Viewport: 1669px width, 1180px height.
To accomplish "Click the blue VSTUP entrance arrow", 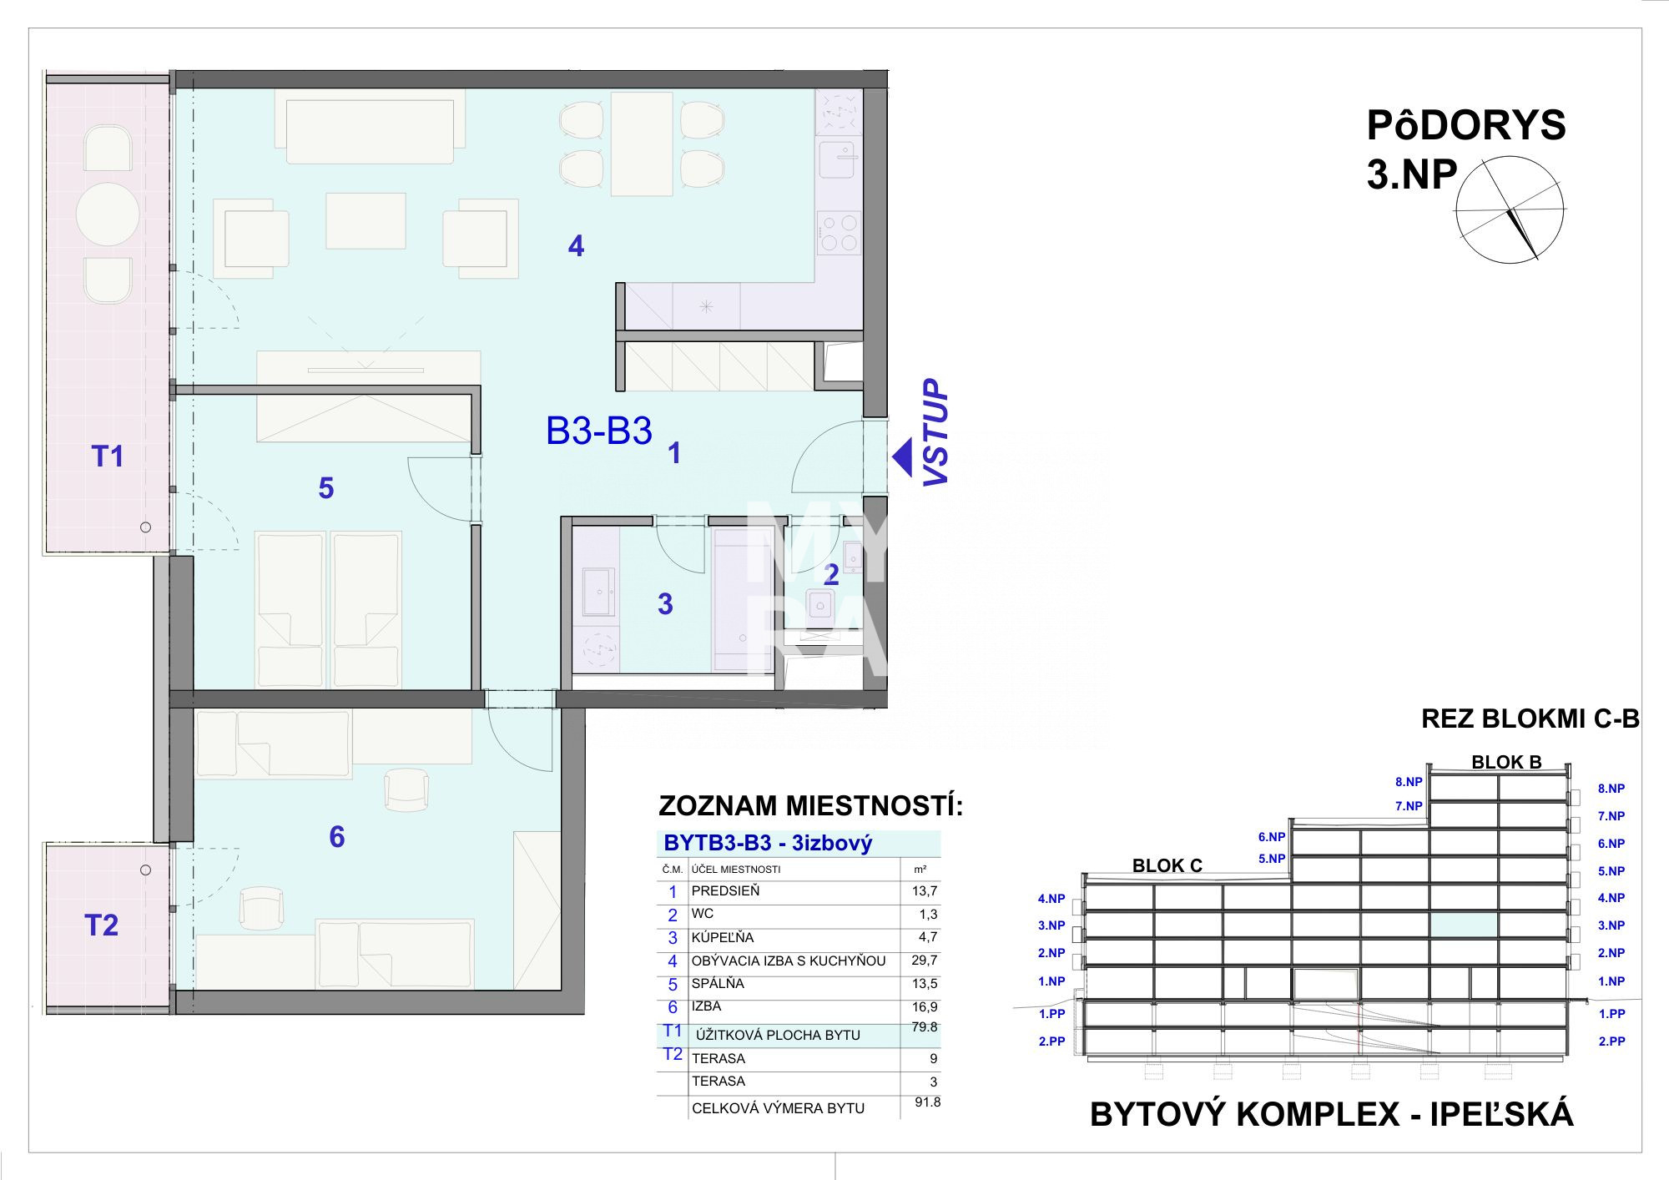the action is coord(902,457).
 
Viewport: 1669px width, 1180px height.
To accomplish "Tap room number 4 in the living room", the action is coord(576,246).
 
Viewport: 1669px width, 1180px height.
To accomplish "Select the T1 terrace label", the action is coord(108,456).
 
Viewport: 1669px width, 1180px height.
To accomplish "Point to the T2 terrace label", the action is coord(102,925).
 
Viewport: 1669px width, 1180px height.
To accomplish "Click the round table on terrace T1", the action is coord(108,214).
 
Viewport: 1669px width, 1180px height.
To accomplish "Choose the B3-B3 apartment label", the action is coord(599,431).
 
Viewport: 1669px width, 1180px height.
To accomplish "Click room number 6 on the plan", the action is coord(337,837).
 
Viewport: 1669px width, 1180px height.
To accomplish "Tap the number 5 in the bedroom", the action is coord(326,488).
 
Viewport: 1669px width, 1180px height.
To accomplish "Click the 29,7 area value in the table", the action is coord(925,961).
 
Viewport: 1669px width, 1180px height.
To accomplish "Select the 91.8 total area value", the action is coord(927,1102).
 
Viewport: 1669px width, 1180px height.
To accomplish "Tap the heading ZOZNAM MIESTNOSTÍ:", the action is coord(811,806).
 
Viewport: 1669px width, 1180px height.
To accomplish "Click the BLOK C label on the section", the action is coord(1167,866).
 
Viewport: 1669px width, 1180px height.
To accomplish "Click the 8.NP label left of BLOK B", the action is coord(1409,782).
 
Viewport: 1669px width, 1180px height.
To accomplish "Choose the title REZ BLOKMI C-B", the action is coord(1530,719).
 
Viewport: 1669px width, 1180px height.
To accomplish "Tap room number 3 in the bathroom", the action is coord(665,604).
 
